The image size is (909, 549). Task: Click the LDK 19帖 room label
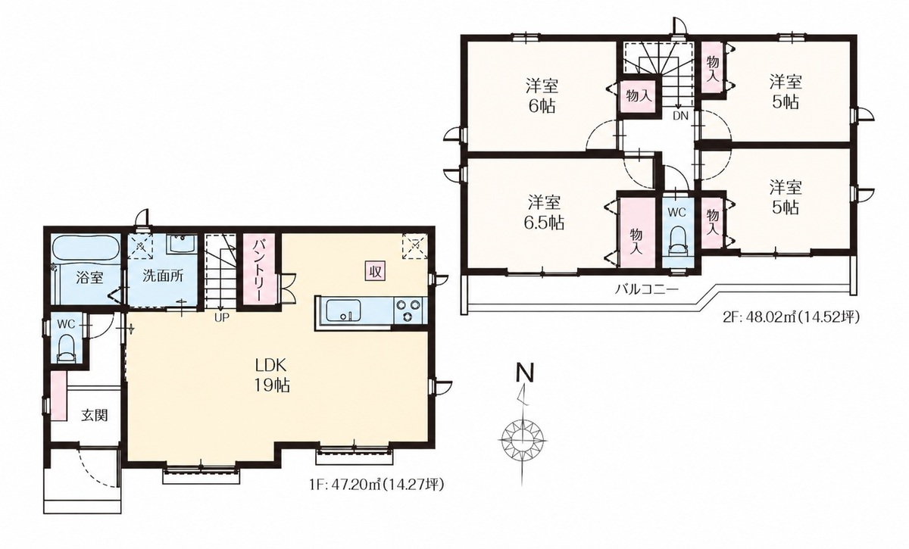(x=271, y=375)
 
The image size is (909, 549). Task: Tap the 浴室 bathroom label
(x=89, y=278)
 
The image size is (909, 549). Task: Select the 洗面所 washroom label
(x=163, y=276)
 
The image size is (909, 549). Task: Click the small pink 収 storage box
(x=374, y=271)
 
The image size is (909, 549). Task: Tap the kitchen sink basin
(x=344, y=310)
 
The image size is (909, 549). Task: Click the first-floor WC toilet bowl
(x=67, y=347)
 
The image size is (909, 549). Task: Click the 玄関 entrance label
(x=94, y=415)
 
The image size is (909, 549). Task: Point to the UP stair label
(x=222, y=318)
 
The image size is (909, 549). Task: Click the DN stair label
(x=680, y=116)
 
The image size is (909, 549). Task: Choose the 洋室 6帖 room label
(x=542, y=97)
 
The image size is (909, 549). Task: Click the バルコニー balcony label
(x=647, y=289)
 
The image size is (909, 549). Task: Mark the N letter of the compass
(x=524, y=372)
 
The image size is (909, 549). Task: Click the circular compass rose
(x=523, y=440)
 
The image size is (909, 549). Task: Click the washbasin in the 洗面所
(x=182, y=245)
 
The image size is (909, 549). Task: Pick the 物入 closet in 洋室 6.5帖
(x=636, y=233)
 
